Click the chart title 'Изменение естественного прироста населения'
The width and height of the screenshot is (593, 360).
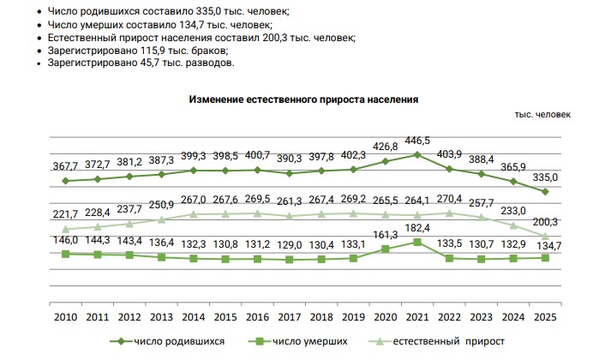coord(302,99)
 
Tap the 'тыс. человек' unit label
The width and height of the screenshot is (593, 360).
coord(542,116)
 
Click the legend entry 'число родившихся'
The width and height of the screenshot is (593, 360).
coord(180,341)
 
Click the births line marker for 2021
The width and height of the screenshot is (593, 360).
coord(416,154)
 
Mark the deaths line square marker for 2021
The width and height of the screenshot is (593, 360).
coord(416,243)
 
